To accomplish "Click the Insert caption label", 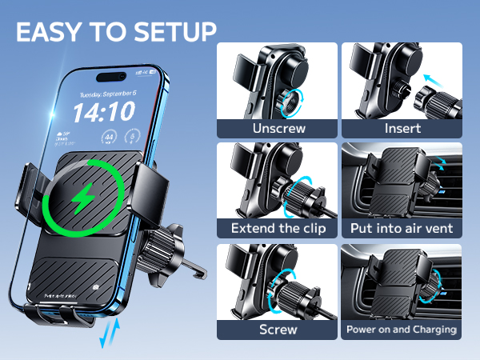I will pyautogui.click(x=402, y=128).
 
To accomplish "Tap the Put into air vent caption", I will pyautogui.click(x=402, y=229).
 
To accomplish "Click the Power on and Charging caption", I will pyautogui.click(x=402, y=329).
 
